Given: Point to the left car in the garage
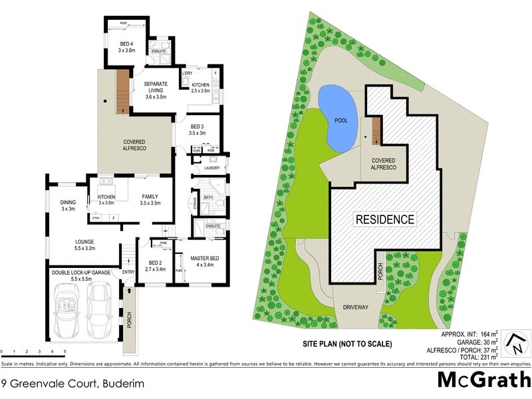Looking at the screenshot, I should (x=68, y=311).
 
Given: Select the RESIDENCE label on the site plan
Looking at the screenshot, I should (x=384, y=219).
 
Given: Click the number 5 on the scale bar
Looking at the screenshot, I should (x=65, y=350).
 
